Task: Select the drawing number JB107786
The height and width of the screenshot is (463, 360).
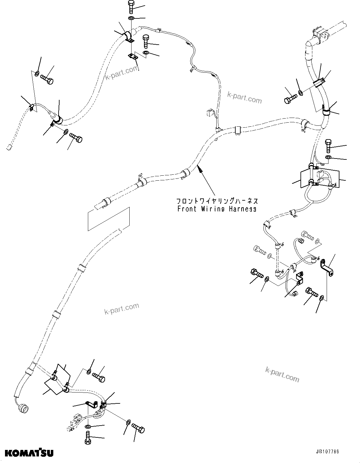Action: (327, 451)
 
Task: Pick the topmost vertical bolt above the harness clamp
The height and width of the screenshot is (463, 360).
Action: (131, 7)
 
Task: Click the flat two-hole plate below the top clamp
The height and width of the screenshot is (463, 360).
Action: (133, 56)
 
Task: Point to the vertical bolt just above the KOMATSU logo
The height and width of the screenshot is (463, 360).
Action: (88, 437)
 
